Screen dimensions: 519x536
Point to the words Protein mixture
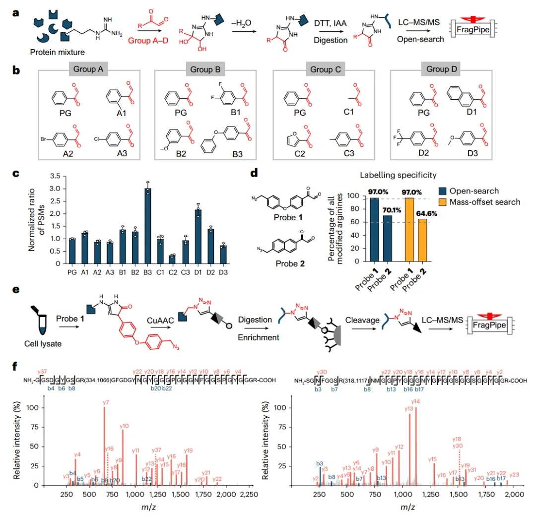(x=58, y=51)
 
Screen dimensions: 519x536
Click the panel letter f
(x=16, y=367)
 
